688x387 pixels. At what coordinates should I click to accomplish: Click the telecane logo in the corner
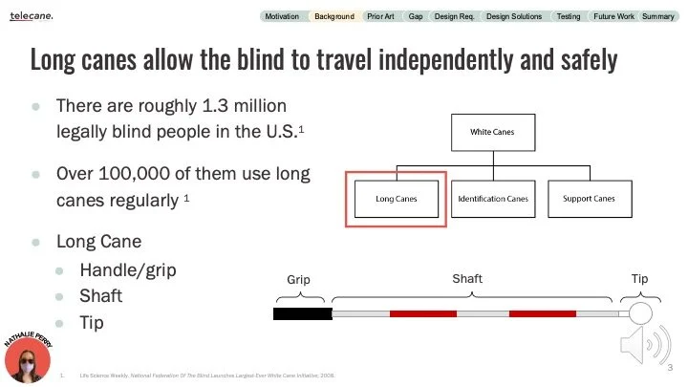(x=32, y=16)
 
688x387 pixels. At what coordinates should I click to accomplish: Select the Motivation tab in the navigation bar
(x=282, y=16)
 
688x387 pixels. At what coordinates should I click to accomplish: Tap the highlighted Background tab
(x=334, y=16)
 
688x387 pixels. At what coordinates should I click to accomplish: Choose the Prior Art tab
(x=381, y=16)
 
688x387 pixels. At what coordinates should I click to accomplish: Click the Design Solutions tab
(x=513, y=16)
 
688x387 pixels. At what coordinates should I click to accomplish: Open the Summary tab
(x=657, y=16)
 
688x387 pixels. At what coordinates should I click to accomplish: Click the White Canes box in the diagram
(x=492, y=132)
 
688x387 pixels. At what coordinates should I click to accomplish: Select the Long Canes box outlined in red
(x=397, y=199)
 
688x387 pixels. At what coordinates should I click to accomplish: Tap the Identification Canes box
(x=492, y=199)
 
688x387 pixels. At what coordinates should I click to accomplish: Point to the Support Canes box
(x=589, y=199)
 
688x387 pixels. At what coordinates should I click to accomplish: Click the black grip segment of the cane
(x=301, y=313)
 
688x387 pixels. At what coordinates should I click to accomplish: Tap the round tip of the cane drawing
(x=639, y=312)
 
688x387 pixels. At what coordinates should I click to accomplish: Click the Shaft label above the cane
(x=467, y=278)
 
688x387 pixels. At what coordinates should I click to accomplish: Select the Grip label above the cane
(x=299, y=280)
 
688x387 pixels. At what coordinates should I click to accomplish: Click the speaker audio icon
(x=640, y=343)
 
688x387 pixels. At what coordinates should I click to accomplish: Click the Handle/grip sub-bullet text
(x=127, y=269)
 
